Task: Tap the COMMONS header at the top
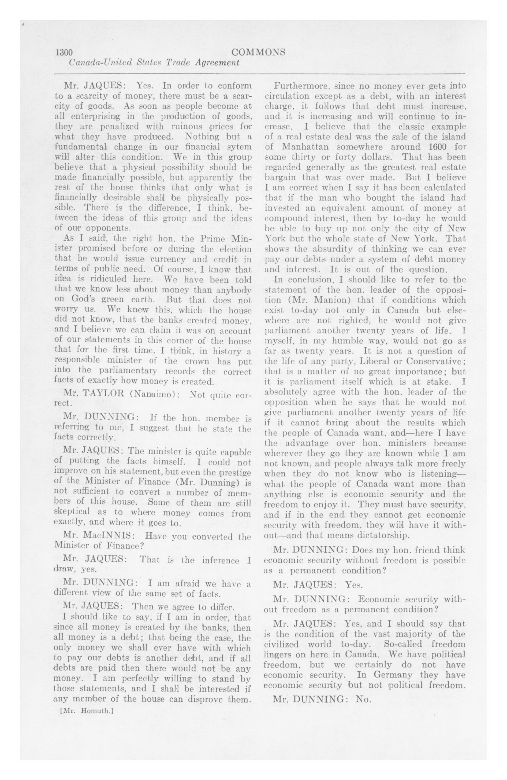tap(258, 52)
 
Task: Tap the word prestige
tap(234, 472)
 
